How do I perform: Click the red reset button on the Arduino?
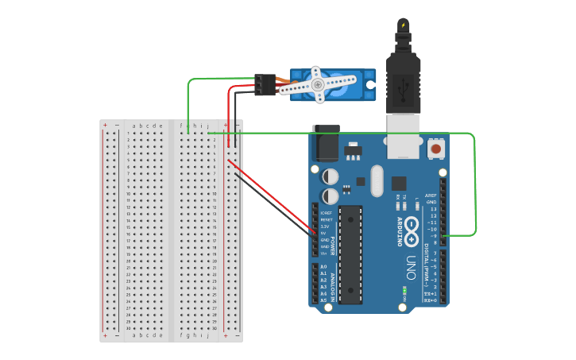435,149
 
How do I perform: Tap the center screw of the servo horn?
317,83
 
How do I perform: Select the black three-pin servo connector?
265,84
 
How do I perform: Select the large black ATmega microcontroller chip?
350,254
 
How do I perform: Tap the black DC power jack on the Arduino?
325,144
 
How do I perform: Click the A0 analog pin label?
323,267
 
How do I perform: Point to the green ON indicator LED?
405,291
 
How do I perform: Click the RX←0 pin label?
430,301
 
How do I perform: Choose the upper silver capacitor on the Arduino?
330,175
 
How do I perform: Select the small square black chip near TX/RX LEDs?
398,182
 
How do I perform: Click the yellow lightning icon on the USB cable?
403,26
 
